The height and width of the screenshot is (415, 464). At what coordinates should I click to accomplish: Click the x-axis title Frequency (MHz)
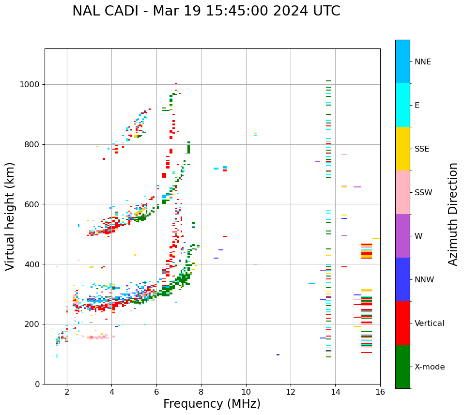pos(212,404)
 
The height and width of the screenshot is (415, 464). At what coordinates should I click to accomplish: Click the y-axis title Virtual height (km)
pos(10,216)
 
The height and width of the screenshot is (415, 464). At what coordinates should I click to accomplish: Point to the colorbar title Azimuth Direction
pos(453,214)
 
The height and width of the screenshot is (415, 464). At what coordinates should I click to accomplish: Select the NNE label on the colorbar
pos(422,62)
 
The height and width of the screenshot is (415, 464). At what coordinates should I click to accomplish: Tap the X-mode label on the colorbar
pos(429,367)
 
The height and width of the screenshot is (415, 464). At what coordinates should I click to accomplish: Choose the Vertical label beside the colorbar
pos(429,323)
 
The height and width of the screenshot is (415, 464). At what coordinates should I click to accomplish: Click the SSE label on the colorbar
pos(421,149)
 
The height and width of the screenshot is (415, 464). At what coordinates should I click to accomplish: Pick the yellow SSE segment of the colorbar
pos(402,149)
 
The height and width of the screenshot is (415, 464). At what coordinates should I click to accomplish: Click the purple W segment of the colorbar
pos(402,236)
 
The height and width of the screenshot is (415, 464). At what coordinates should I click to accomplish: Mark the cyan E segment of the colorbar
pos(402,105)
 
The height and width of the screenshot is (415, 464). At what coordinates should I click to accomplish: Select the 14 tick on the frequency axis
pos(335,392)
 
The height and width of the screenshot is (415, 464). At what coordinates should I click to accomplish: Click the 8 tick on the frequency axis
pos(201,392)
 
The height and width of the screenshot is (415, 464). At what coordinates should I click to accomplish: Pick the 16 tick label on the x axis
pos(380,392)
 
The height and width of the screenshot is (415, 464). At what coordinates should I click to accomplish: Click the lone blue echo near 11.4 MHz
pos(278,354)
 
